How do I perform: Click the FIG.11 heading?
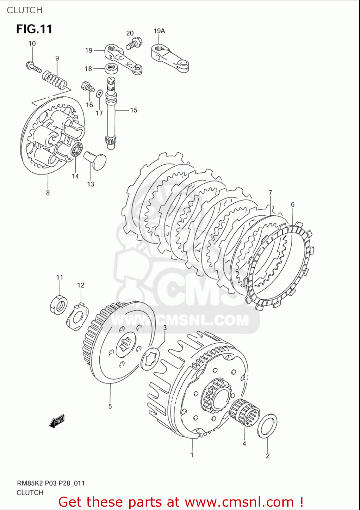point(34,29)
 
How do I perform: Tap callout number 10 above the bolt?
point(32,44)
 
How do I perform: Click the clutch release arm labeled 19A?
point(169,58)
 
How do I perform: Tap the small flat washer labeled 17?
point(99,93)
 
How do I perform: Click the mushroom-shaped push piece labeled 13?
point(96,160)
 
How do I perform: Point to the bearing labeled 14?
point(77,150)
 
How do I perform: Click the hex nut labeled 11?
point(59,305)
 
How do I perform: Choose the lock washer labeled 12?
point(77,317)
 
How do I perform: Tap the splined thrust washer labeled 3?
point(150,359)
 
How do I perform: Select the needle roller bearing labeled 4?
point(244,412)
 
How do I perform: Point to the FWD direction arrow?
point(57,421)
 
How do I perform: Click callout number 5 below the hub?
point(110,406)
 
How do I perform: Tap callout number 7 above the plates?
point(270,193)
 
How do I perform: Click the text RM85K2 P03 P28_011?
point(51,483)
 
